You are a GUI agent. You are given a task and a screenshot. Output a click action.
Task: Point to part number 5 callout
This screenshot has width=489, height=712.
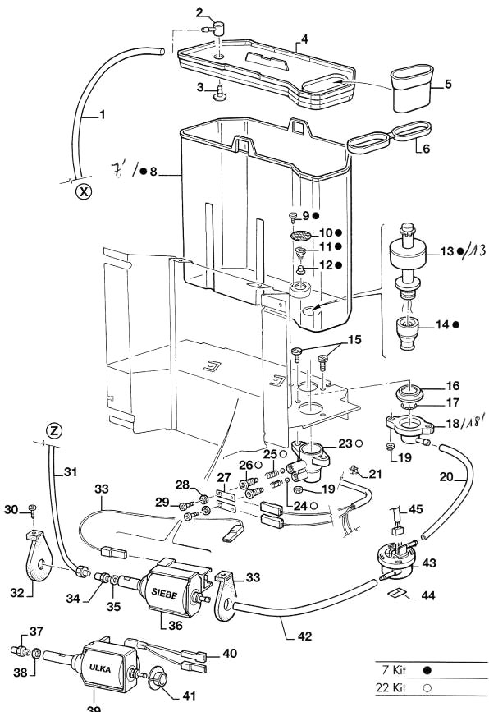[448, 84]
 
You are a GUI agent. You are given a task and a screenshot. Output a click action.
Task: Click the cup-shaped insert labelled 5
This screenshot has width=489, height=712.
[409, 88]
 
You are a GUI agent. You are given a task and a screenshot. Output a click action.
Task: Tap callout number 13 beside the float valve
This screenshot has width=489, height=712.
[445, 251]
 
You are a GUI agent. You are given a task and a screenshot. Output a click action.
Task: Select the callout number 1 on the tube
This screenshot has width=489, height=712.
[103, 115]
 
